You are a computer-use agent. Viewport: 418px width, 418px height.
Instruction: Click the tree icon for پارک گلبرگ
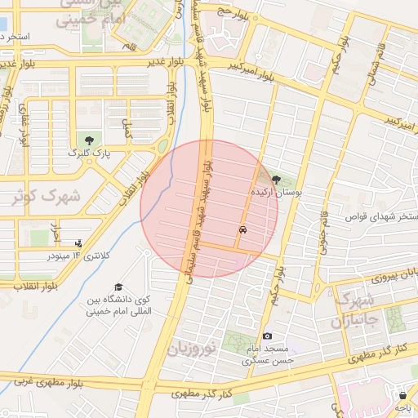pyautogui.click(x=89, y=140)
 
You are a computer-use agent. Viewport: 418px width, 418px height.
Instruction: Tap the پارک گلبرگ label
pyautogui.click(x=83, y=153)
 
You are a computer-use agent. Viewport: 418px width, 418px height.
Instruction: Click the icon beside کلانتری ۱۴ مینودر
pyautogui.click(x=78, y=242)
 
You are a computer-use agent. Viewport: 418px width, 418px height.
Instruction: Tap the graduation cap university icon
pyautogui.click(x=119, y=287)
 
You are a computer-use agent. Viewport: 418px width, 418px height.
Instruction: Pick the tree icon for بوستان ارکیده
pyautogui.click(x=276, y=180)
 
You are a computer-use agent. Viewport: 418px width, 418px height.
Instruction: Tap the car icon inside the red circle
pyautogui.click(x=242, y=230)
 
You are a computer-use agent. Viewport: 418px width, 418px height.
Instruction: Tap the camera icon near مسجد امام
pyautogui.click(x=267, y=336)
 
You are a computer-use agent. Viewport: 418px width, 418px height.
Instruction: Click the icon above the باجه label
pyautogui.click(x=402, y=396)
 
